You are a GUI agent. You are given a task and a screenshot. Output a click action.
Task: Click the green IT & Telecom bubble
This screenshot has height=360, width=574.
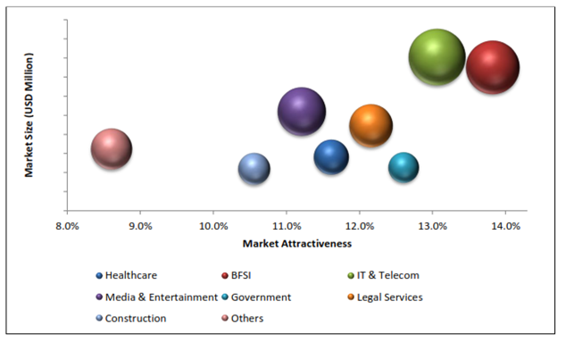tap(437, 57)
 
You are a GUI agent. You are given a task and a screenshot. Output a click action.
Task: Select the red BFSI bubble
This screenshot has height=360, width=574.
tap(493, 67)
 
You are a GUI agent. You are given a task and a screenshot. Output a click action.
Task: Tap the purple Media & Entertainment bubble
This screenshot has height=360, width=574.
tap(302, 112)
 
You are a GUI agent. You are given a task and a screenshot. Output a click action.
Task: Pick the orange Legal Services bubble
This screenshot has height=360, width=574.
tap(371, 125)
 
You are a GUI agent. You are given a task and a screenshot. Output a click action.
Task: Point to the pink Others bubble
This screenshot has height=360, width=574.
tap(112, 149)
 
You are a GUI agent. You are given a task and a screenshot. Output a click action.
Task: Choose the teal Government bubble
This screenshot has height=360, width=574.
tap(403, 167)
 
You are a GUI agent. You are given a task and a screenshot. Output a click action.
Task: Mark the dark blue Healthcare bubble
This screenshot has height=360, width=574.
tap(331, 157)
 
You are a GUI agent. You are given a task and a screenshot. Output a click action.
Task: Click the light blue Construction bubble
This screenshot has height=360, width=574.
tap(254, 168)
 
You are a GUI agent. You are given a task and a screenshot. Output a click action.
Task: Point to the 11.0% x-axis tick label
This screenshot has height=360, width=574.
tap(287, 225)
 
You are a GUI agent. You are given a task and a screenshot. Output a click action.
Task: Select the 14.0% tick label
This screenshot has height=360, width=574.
tap(505, 225)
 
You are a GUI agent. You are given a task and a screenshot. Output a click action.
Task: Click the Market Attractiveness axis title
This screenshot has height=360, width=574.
tap(296, 243)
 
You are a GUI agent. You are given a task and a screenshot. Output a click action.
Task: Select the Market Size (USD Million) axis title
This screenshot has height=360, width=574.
tap(29, 114)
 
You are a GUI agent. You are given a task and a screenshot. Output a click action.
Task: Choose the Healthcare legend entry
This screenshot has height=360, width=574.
tap(133, 275)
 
